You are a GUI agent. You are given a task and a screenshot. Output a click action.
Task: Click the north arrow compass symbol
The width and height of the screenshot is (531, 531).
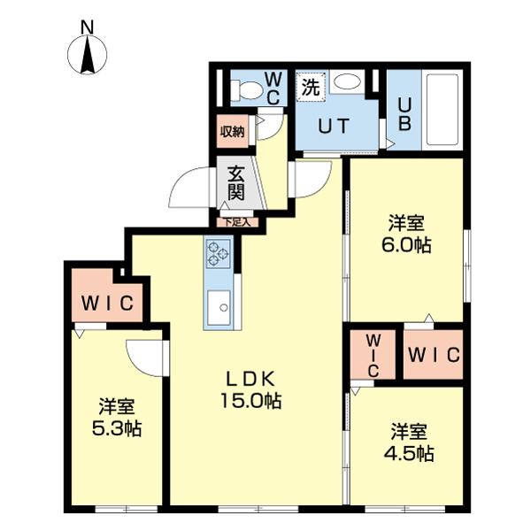pyautogui.click(x=88, y=58)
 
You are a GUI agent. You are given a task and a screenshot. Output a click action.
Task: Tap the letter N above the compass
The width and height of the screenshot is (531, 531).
pyautogui.click(x=88, y=27)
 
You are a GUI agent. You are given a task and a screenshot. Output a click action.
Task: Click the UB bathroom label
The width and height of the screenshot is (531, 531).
pyautogui.click(x=404, y=112)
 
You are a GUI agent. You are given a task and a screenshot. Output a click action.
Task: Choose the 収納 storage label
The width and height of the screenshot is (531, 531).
pyautogui.click(x=233, y=133)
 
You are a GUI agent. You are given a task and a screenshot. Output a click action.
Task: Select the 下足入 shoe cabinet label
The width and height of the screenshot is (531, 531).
pyautogui.click(x=236, y=223)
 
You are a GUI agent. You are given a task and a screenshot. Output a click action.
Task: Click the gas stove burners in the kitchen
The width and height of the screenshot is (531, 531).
pyautogui.click(x=218, y=255)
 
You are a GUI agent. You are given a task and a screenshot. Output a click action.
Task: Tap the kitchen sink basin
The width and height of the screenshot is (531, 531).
pyautogui.click(x=218, y=311)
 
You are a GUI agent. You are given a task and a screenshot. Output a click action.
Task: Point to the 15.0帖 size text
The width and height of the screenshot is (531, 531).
pyautogui.click(x=250, y=401)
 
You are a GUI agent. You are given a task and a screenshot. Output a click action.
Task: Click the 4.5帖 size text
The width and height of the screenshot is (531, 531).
pyautogui.click(x=410, y=455)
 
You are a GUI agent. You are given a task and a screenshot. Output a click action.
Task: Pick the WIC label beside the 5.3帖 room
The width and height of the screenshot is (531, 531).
pyautogui.click(x=108, y=304)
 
